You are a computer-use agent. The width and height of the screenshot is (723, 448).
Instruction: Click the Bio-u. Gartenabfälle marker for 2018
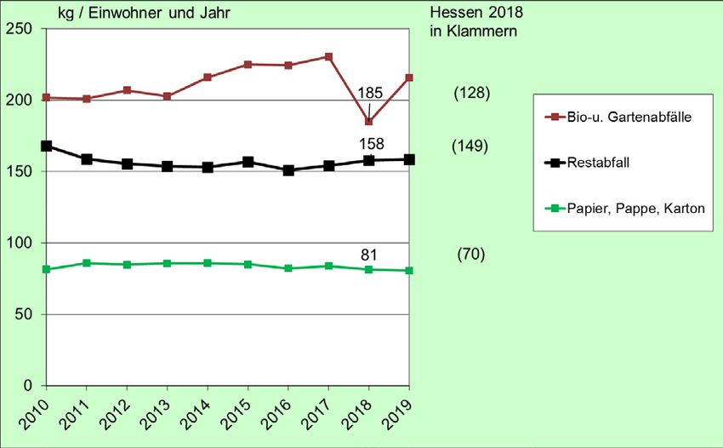point(368,121)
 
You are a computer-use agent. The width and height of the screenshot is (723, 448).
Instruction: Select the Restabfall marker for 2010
point(46,146)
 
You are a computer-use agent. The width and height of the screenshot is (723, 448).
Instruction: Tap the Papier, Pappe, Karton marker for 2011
point(86,263)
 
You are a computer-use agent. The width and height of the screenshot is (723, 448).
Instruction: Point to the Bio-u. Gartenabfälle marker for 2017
point(328,57)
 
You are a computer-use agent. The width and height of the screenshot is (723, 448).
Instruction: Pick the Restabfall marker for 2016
point(288,170)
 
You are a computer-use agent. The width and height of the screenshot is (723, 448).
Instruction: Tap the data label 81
point(369,254)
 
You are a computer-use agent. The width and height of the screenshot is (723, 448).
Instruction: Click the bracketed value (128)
point(471,93)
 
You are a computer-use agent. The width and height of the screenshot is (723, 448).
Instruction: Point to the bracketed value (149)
point(470,146)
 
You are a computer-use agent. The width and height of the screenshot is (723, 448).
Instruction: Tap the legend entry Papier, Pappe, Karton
point(635,206)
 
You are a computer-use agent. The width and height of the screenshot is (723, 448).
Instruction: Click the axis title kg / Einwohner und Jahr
point(143,13)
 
